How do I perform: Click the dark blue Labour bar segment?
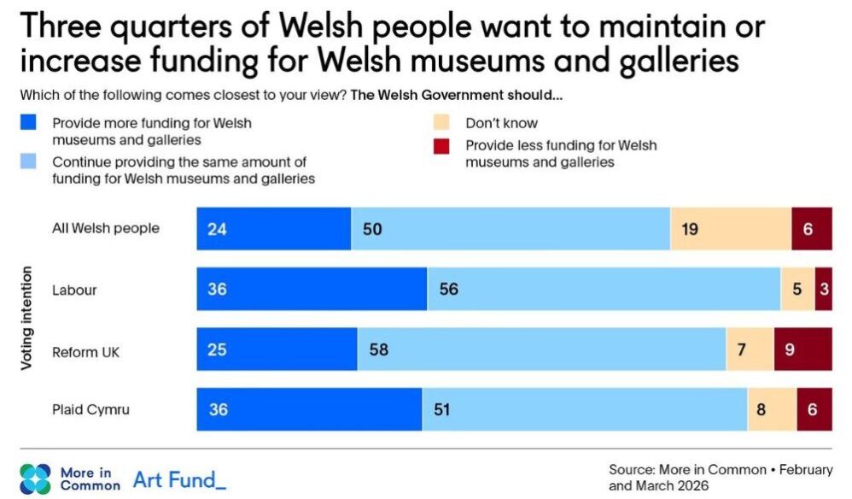(312, 290)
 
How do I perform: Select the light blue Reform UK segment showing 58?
(541, 349)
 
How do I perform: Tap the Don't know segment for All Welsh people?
(731, 229)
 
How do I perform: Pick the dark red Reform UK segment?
(803, 349)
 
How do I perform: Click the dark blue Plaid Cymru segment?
(309, 409)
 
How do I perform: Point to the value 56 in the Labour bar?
(449, 290)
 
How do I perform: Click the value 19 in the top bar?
(691, 229)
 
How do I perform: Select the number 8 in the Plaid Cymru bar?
(761, 409)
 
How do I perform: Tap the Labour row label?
(75, 290)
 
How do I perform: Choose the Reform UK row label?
(85, 349)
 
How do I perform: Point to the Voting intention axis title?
(27, 318)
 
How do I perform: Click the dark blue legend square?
(28, 124)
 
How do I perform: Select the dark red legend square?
(441, 146)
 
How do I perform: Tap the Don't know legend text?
(502, 123)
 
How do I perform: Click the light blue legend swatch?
(28, 161)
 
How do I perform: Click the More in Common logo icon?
(35, 479)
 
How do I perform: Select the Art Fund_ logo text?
(179, 479)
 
